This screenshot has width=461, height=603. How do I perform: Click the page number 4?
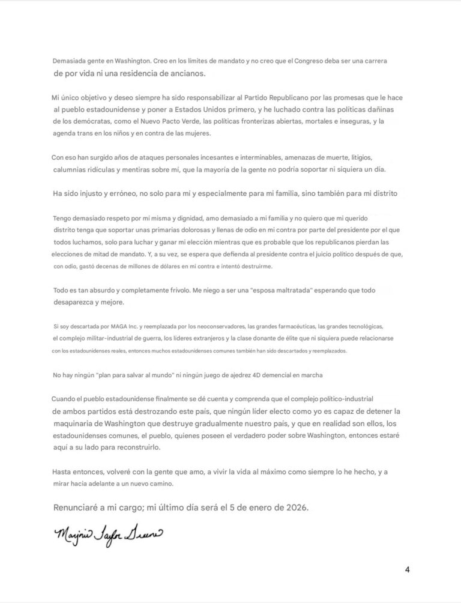point(408,569)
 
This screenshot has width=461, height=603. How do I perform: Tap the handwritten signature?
point(108,533)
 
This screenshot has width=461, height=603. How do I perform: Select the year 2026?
point(295,508)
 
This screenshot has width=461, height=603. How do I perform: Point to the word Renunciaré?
point(81,508)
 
